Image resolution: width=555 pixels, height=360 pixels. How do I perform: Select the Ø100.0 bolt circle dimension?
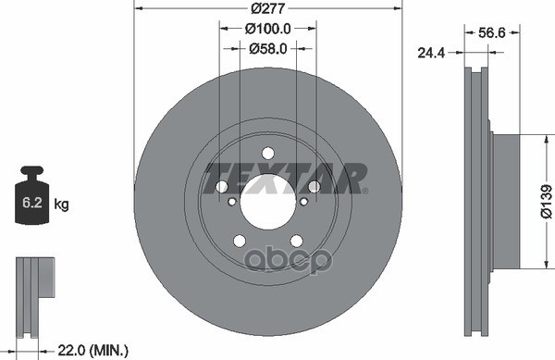click(x=268, y=28)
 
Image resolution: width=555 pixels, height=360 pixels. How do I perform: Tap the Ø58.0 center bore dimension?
click(x=268, y=49)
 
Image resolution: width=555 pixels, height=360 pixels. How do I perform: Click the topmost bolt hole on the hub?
click(x=268, y=154)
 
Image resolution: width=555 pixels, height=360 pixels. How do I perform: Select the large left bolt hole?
click(x=222, y=187)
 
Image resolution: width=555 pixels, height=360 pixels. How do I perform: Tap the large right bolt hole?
click(x=314, y=187)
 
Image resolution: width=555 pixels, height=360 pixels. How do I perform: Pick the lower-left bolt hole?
click(x=240, y=241)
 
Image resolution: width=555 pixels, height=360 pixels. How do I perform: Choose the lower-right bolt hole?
click(x=296, y=241)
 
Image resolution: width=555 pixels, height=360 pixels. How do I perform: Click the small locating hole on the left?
click(x=232, y=201)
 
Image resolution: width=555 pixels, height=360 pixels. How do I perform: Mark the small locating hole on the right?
click(x=303, y=201)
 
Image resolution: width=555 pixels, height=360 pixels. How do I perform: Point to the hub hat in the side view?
click(x=508, y=202)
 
